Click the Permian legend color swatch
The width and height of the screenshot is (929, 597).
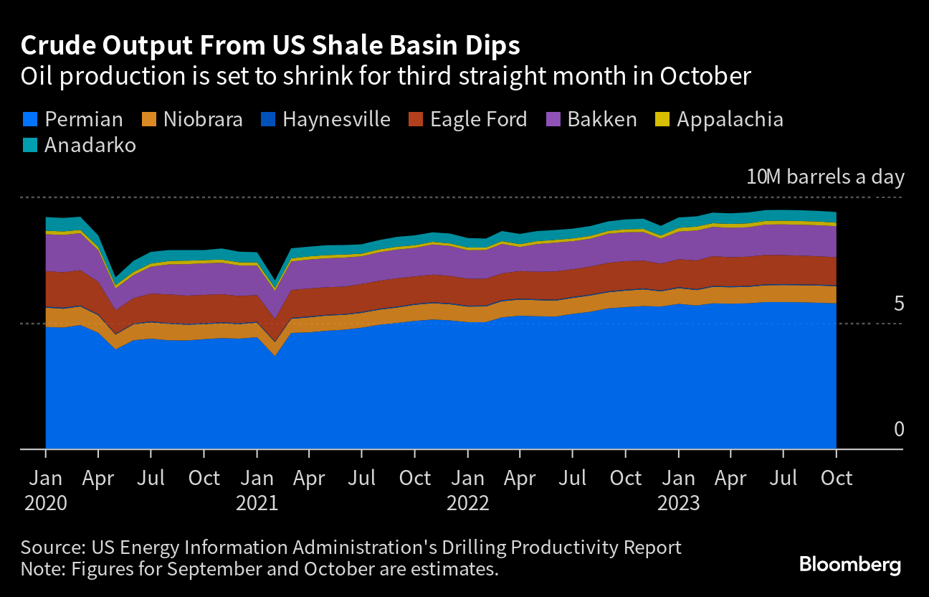pyautogui.click(x=29, y=119)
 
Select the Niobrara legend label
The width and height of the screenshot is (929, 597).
pyautogui.click(x=203, y=119)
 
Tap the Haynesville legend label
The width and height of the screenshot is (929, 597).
pyautogui.click(x=336, y=119)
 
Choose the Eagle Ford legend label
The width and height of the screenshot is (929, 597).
pyautogui.click(x=478, y=119)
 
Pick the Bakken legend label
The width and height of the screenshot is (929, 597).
pyautogui.click(x=602, y=119)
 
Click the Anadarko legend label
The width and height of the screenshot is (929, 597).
pyautogui.click(x=90, y=146)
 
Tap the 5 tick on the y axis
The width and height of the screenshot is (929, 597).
pyautogui.click(x=899, y=304)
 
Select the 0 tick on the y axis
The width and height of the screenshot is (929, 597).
pyautogui.click(x=899, y=429)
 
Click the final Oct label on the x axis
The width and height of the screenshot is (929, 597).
pyautogui.click(x=837, y=478)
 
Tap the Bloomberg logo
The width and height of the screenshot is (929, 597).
pyautogui.click(x=849, y=565)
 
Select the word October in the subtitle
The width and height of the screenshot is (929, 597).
pyautogui.click(x=705, y=76)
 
